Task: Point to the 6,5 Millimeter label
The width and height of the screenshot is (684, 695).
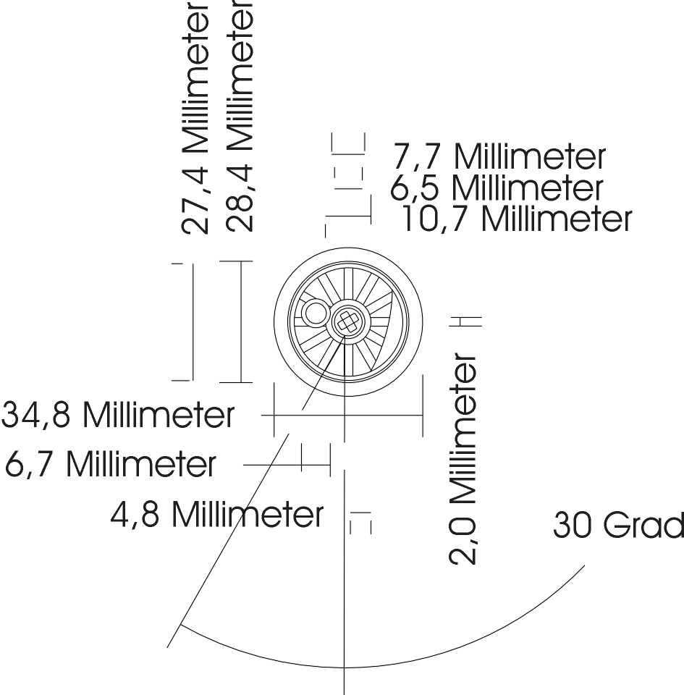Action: tap(497, 188)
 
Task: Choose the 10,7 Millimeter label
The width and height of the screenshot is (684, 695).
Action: tap(516, 218)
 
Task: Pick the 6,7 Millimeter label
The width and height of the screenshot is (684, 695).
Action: tap(110, 464)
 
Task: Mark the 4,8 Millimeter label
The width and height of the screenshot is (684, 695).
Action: tap(217, 515)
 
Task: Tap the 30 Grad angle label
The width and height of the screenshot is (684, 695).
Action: tap(617, 526)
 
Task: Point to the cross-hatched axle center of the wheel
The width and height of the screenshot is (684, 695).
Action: tap(347, 320)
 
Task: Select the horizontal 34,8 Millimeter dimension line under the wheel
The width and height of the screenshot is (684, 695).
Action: tap(347, 416)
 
